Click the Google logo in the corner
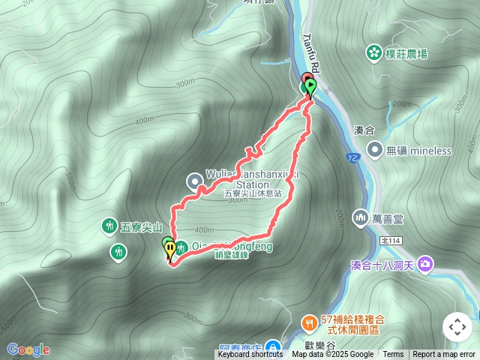pos(28,349)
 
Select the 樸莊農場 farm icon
pos(373,52)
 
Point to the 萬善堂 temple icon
pos(360,217)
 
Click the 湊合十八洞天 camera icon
pos(425,264)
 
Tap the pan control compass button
pos(457,327)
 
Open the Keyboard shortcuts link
pos(250,355)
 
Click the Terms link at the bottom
pos(393,355)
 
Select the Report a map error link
pos(443,355)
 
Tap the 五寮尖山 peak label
pos(142,226)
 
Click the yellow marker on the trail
pos(170,248)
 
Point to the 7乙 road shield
pos(352,158)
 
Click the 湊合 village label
pos(364,130)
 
